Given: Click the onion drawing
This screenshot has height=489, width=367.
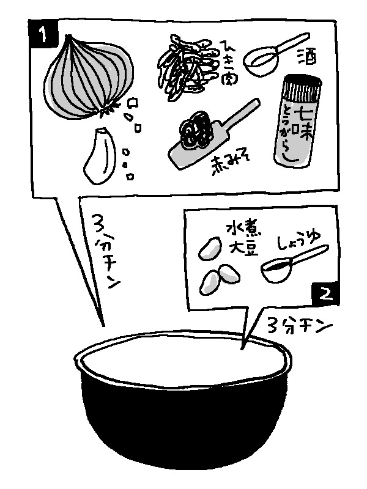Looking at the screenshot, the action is (89, 78).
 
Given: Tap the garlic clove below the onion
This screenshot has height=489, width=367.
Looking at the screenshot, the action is (100, 155).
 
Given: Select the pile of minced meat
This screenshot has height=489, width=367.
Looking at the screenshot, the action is (187, 67).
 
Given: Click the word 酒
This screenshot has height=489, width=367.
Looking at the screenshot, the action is (306, 57).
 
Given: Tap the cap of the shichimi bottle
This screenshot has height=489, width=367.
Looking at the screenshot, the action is (302, 84).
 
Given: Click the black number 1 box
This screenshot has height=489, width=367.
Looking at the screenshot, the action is (43, 34).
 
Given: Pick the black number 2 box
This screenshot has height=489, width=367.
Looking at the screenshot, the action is (325, 293).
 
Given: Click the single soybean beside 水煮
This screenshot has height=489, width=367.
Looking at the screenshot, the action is (210, 248).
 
